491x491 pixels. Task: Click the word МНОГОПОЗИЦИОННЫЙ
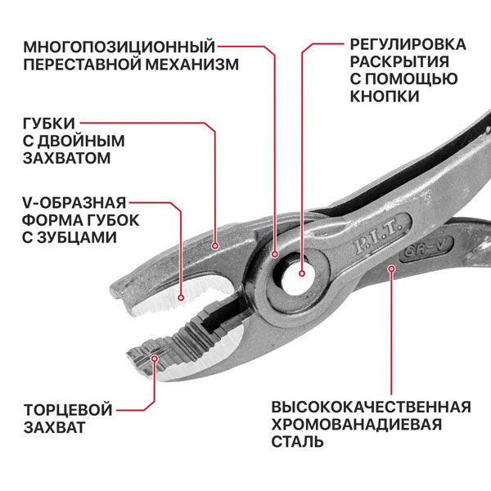120,44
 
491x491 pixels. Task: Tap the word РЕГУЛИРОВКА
408,44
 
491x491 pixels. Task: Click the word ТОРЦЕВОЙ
67,409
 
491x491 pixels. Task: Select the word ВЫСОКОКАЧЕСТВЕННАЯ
371,407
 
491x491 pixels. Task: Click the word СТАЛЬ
298,442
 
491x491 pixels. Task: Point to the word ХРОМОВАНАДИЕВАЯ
356,424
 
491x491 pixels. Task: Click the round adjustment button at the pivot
300,274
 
